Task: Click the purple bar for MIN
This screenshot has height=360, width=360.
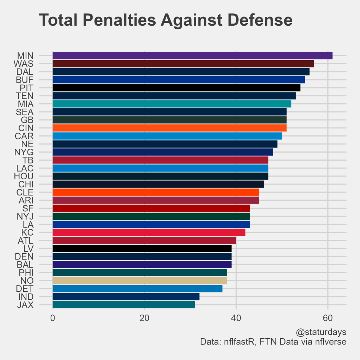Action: pyautogui.click(x=192, y=56)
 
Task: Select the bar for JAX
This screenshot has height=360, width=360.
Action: pyautogui.click(x=123, y=305)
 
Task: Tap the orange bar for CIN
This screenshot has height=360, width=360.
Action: pyautogui.click(x=169, y=128)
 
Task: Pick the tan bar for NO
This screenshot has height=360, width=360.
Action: pyautogui.click(x=140, y=281)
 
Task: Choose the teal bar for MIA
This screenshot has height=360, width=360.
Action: pyautogui.click(x=172, y=104)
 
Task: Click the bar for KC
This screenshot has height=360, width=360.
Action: pyautogui.click(x=149, y=232)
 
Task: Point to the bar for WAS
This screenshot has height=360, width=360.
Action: pyautogui.click(x=183, y=64)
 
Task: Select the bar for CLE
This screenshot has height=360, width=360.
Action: pyautogui.click(x=156, y=192)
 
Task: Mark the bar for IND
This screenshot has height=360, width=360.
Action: pyautogui.click(x=126, y=297)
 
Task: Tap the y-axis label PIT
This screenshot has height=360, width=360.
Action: pyautogui.click(x=27, y=88)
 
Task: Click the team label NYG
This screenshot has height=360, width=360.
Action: pyautogui.click(x=24, y=152)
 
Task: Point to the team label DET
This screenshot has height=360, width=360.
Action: pyautogui.click(x=25, y=289)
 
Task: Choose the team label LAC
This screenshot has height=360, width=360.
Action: pyautogui.click(x=25, y=168)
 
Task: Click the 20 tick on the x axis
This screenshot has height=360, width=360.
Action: pyautogui.click(x=144, y=319)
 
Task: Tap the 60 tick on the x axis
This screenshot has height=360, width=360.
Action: pyautogui.click(x=328, y=319)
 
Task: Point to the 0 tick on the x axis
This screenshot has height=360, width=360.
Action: pyautogui.click(x=53, y=319)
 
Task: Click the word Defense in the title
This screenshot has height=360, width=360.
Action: pyautogui.click(x=257, y=20)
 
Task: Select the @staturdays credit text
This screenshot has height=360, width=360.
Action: pyautogui.click(x=321, y=332)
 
